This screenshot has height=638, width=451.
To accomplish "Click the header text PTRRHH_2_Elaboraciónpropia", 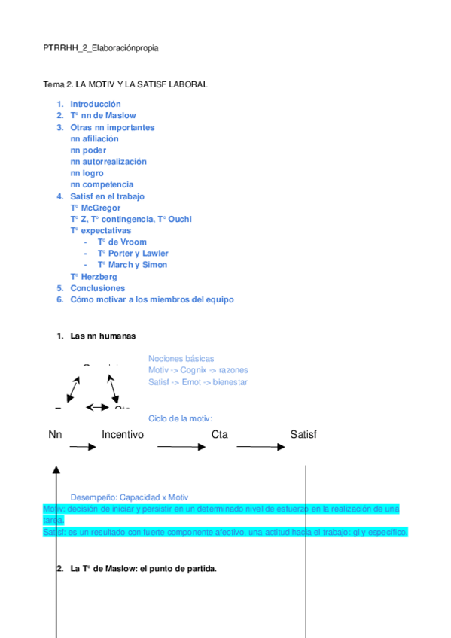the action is pos(101,48).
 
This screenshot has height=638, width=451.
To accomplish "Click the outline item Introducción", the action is pos(95,104).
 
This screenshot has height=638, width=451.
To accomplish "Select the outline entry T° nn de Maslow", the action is pos(102,116).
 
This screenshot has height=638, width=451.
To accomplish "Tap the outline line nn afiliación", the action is pos(94,138).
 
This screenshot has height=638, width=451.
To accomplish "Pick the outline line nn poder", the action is pos(88,150).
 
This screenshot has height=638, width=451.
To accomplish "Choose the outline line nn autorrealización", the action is pos(108,162).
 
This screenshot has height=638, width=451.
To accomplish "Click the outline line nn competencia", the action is pos(102,184).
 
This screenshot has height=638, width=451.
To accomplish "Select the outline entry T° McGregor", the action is pos(95,208).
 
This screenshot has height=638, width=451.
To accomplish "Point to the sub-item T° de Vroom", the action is pos(122,242).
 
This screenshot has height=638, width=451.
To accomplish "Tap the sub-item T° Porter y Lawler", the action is pos(133,254).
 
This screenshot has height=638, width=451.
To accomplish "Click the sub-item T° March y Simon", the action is pos(132,265).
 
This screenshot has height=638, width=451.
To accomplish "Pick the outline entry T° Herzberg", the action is pos(93,277).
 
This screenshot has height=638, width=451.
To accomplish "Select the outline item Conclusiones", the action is pos(97,288).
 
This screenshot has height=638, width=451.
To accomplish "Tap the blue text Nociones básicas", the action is pos(181,358).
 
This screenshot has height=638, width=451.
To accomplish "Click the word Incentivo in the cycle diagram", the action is pos(123,434).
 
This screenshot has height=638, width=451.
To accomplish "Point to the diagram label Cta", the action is pos(219,434).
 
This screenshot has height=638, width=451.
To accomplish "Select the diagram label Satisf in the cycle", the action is pos(303,434).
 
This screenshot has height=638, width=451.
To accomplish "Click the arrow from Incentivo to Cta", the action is pos(181,447).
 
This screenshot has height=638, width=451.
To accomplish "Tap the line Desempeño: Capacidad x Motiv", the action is pos(129,497).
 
